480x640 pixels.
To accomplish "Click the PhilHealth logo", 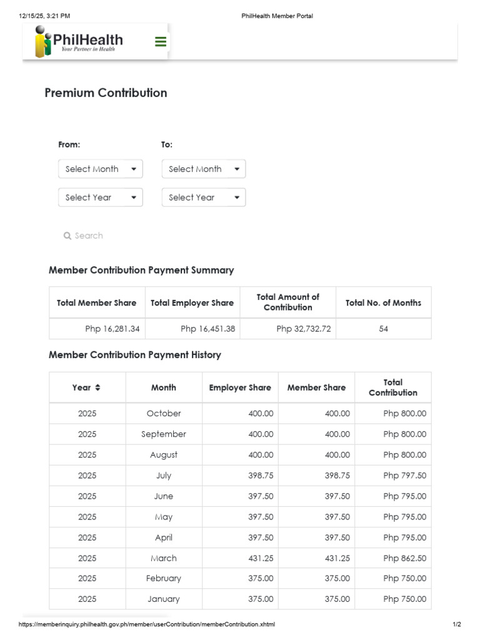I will (x=79, y=42).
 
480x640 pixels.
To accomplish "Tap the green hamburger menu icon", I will (x=161, y=42).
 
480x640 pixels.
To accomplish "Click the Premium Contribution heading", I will (x=106, y=93).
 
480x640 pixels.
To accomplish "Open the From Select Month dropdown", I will (x=101, y=169).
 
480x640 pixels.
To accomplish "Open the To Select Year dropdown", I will (x=204, y=197).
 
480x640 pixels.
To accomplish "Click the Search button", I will (x=83, y=236).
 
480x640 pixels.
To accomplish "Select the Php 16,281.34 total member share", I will (x=112, y=329).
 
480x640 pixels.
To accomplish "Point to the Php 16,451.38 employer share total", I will (x=207, y=329).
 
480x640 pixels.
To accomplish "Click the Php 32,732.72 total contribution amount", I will (x=303, y=329).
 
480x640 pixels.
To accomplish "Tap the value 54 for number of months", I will (x=383, y=329).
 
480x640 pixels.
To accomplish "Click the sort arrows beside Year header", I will (x=97, y=387).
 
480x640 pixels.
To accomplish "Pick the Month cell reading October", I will (x=164, y=413).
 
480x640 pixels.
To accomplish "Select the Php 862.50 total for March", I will (x=404, y=558).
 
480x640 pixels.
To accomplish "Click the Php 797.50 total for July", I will (x=404, y=476).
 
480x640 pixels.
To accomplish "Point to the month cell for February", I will (x=164, y=578).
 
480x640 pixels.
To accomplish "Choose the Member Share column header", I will (x=316, y=387).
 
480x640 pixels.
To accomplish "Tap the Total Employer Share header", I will (x=192, y=303).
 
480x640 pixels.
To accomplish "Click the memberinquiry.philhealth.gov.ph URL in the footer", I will (x=147, y=624).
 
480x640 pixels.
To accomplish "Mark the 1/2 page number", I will (x=457, y=624).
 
